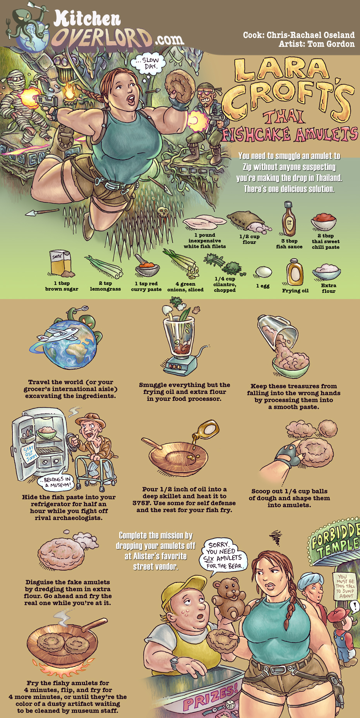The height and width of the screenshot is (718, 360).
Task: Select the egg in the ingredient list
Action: tap(264, 272)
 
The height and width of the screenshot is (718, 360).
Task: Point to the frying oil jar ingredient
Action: tap(295, 272)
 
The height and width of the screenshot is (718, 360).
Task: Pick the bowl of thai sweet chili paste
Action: tap(323, 222)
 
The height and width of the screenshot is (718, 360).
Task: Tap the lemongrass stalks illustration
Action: tap(103, 266)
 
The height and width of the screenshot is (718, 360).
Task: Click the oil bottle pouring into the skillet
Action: tap(207, 429)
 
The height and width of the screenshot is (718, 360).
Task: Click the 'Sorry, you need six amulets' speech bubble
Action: tap(224, 556)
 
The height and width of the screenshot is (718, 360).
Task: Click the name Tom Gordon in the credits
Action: tap(331, 44)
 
